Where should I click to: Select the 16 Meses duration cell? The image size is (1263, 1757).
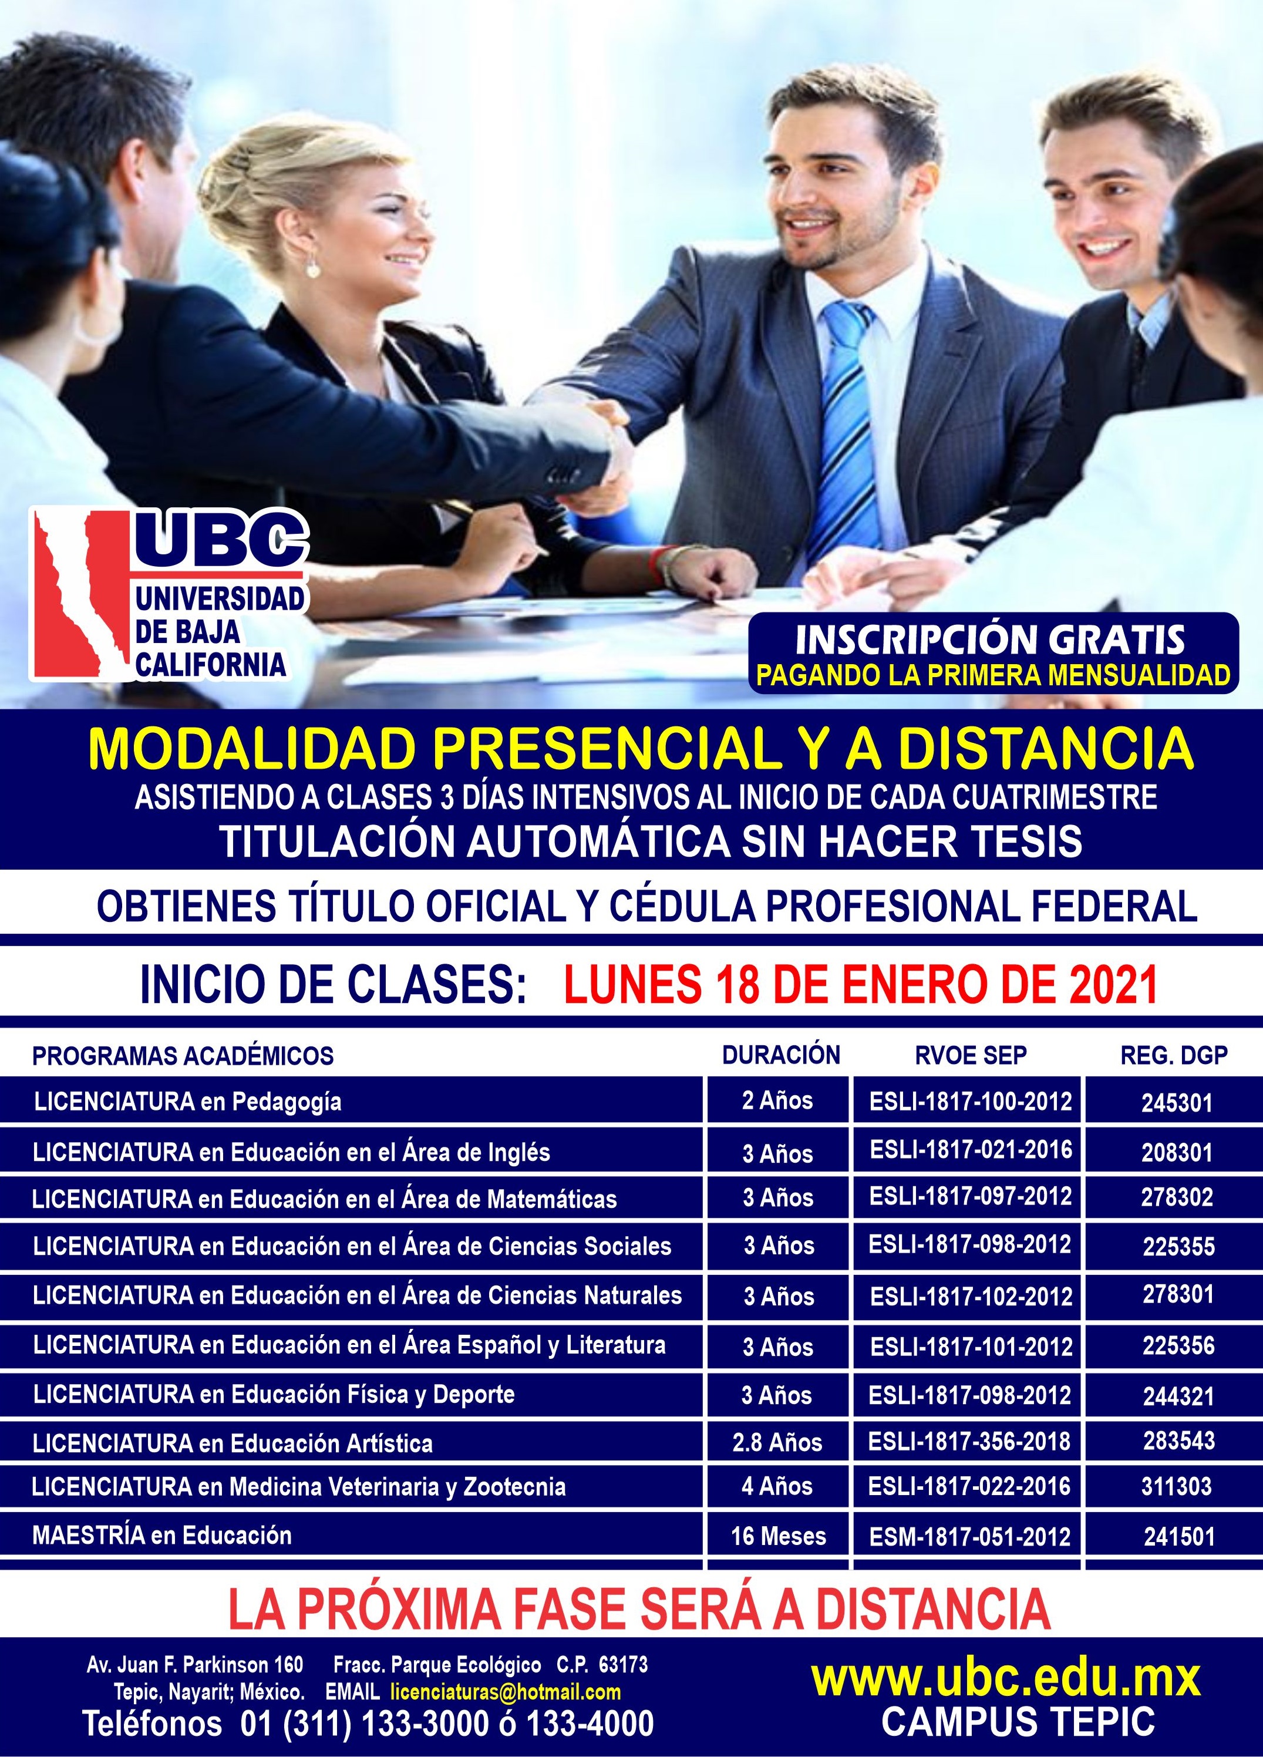778,1536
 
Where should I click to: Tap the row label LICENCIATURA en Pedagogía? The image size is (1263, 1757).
187,1102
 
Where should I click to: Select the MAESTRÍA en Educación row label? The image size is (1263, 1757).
162,1536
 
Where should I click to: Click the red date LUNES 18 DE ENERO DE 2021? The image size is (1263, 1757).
860,985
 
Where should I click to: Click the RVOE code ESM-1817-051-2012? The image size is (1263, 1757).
970,1537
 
